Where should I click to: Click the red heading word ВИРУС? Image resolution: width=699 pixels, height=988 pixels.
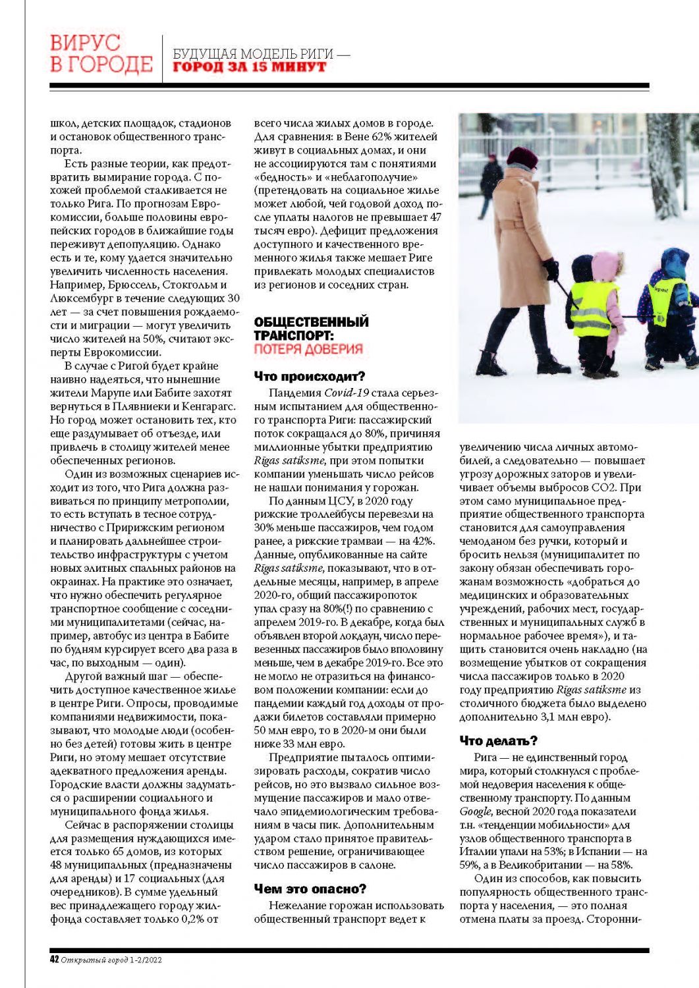pos(86,44)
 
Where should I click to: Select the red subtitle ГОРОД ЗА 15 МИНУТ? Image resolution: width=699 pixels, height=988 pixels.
pos(250,67)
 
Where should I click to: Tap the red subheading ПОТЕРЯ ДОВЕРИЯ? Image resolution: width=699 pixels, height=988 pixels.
pos(308,349)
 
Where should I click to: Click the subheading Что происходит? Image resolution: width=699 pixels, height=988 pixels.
pos(309,377)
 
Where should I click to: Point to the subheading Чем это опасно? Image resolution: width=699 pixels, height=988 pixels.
pos(310,889)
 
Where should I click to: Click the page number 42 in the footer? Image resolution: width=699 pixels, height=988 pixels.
pos(55,959)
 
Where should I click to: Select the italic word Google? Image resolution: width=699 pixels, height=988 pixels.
pos(475,811)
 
